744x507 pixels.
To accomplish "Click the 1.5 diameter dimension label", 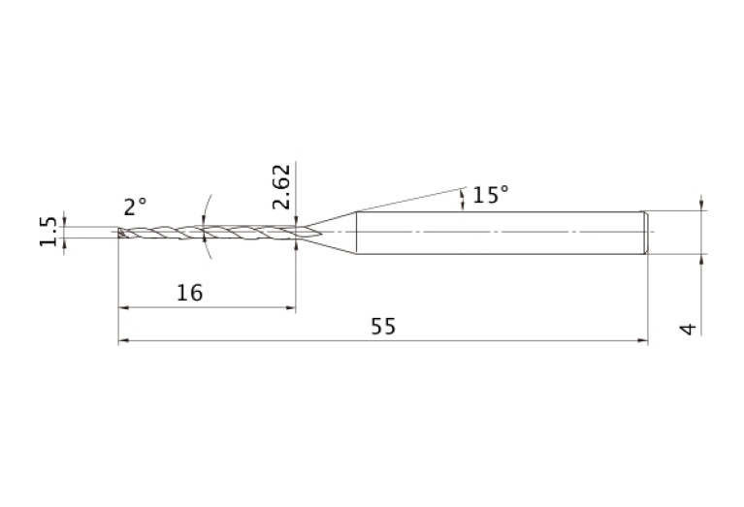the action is pyautogui.click(x=48, y=232).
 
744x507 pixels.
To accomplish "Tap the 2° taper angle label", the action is pyautogui.click(x=135, y=206).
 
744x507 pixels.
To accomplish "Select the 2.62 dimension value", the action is pyautogui.click(x=281, y=186).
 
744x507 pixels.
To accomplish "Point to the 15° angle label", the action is pyautogui.click(x=491, y=195).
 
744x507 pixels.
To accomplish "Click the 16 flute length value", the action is pyautogui.click(x=189, y=293).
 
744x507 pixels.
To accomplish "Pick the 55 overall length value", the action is pyautogui.click(x=383, y=327).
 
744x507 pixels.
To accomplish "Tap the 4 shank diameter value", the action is pyautogui.click(x=689, y=329).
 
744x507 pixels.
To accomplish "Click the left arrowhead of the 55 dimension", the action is pyautogui.click(x=123, y=340).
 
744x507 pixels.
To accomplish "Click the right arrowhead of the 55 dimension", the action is pyautogui.click(x=643, y=340).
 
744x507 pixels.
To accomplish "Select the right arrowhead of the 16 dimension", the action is pyautogui.click(x=290, y=307).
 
